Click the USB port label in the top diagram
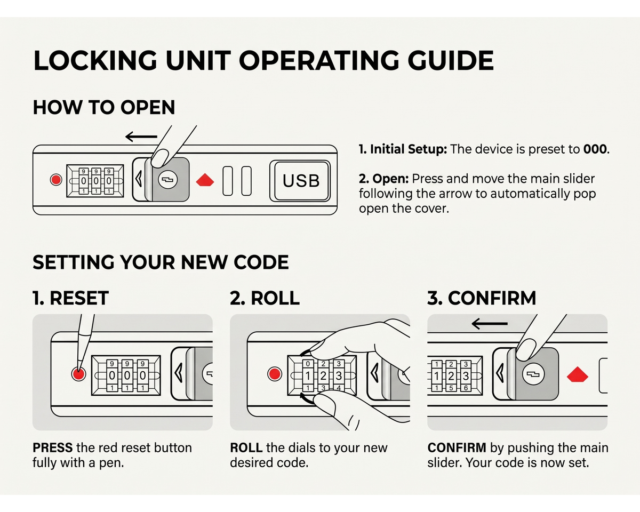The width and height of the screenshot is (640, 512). pyautogui.click(x=301, y=181)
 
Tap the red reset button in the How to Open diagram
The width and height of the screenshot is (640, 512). pyautogui.click(x=56, y=180)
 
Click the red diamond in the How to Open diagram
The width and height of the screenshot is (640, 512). pyautogui.click(x=205, y=180)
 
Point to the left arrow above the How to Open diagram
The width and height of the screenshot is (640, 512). pyautogui.click(x=141, y=137)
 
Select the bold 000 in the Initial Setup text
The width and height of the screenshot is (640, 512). pyautogui.click(x=595, y=149)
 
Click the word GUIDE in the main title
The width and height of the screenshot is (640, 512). pyautogui.click(x=451, y=60)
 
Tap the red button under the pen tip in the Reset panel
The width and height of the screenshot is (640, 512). pyautogui.click(x=79, y=374)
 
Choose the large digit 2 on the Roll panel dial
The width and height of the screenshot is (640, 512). pyautogui.click(x=323, y=376)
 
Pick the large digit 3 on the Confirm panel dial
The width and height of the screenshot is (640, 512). pyautogui.click(x=466, y=376)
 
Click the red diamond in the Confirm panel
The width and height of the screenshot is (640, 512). pyautogui.click(x=578, y=374)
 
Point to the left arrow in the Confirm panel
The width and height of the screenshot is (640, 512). pyautogui.click(x=490, y=323)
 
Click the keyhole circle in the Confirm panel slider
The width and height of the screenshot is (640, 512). pyautogui.click(x=533, y=374)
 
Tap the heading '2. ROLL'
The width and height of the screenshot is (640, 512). pyautogui.click(x=265, y=298)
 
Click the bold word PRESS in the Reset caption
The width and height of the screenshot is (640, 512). pyautogui.click(x=53, y=447)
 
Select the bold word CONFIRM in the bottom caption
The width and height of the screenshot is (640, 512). pyautogui.click(x=457, y=447)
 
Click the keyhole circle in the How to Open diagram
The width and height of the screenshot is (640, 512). pyautogui.click(x=167, y=180)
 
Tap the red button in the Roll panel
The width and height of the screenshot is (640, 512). pyautogui.click(x=275, y=374)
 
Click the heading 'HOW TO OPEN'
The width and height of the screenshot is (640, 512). pyautogui.click(x=104, y=107)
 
